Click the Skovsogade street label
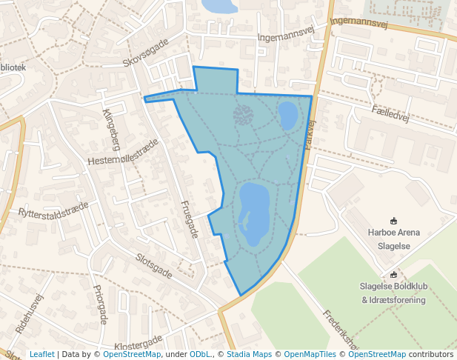(146, 52)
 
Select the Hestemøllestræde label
(123, 152)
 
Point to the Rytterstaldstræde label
(53, 210)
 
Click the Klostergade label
(139, 344)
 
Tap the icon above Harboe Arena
(393, 220)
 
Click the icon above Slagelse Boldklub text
(393, 274)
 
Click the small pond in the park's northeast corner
(287, 115)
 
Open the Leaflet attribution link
(41, 354)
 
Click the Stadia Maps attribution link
(248, 354)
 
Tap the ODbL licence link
(199, 354)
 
